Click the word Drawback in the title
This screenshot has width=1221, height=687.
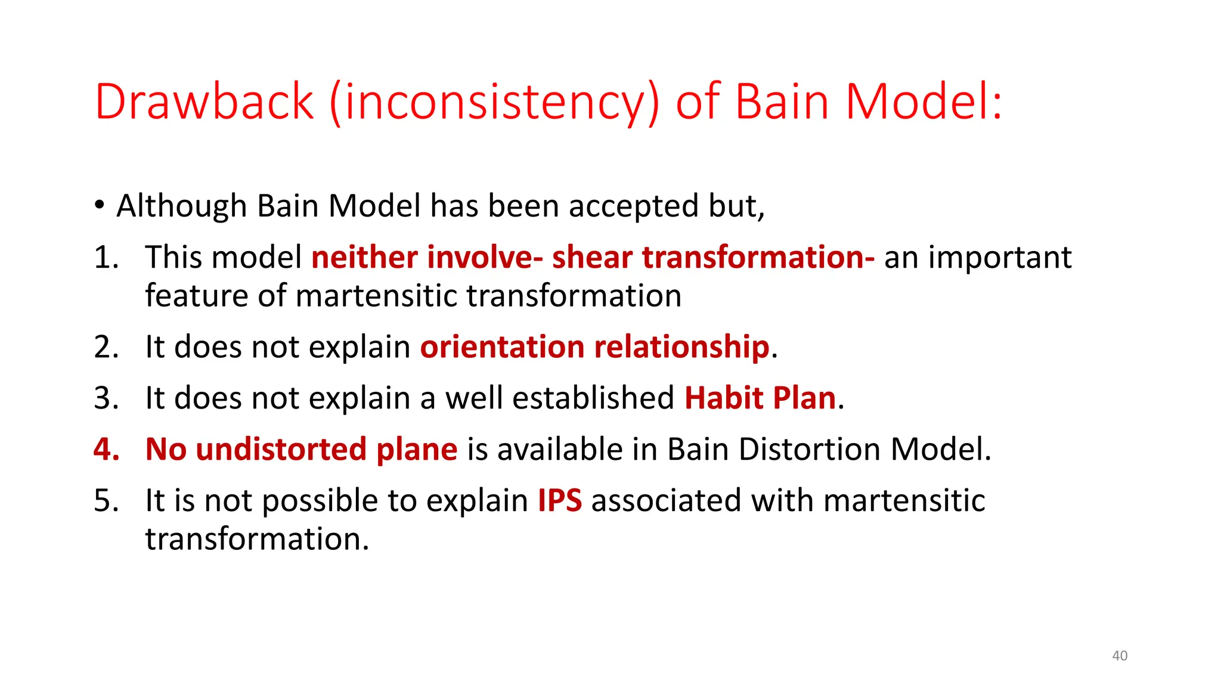click(204, 101)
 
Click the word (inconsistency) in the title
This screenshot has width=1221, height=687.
click(494, 103)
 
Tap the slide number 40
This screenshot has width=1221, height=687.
click(1120, 655)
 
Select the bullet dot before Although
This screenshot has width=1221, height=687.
click(100, 206)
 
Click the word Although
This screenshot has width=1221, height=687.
click(181, 206)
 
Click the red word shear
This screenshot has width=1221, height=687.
click(591, 258)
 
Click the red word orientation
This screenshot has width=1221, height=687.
click(502, 347)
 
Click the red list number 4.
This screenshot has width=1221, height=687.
click(106, 449)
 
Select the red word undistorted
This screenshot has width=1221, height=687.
click(280, 449)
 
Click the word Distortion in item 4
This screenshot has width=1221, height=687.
click(809, 449)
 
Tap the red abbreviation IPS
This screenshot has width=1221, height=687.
click(559, 500)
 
